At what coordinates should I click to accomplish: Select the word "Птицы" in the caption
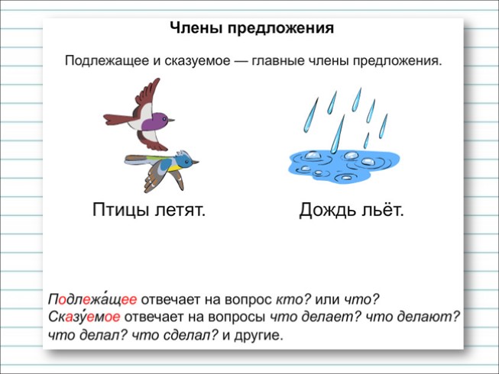120,210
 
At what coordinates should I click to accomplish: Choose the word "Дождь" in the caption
326,210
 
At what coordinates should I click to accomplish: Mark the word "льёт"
382,210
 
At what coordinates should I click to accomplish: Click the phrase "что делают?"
413,317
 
